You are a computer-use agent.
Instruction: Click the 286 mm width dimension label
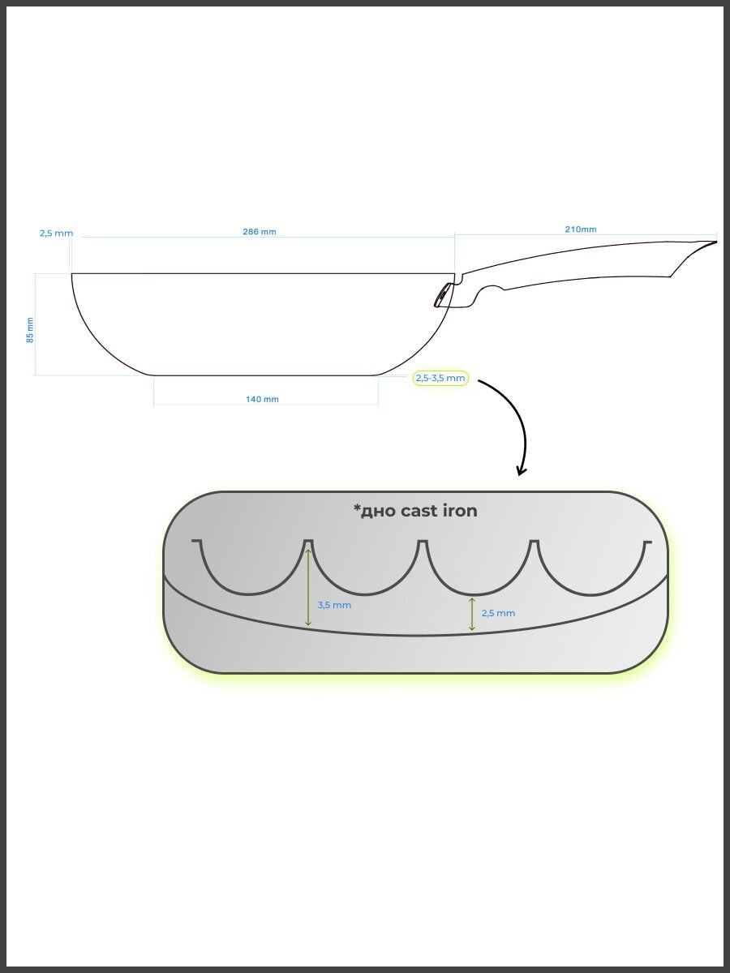pyautogui.click(x=259, y=232)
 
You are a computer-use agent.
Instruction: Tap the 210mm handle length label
pyautogui.click(x=580, y=229)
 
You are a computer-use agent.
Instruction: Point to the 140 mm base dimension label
pyautogui.click(x=261, y=400)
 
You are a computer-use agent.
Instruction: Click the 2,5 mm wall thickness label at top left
pyautogui.click(x=56, y=234)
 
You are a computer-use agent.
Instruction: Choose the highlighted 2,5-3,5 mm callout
pyautogui.click(x=440, y=378)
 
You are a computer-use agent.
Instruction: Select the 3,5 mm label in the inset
pyautogui.click(x=334, y=605)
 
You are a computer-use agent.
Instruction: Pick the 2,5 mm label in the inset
pyautogui.click(x=498, y=613)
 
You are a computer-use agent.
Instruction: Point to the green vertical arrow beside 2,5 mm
pyautogui.click(x=472, y=614)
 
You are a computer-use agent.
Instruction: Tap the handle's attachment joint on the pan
pyautogui.click(x=443, y=295)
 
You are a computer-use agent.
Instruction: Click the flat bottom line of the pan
pyautogui.click(x=265, y=375)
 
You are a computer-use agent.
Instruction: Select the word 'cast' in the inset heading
pyautogui.click(x=419, y=511)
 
